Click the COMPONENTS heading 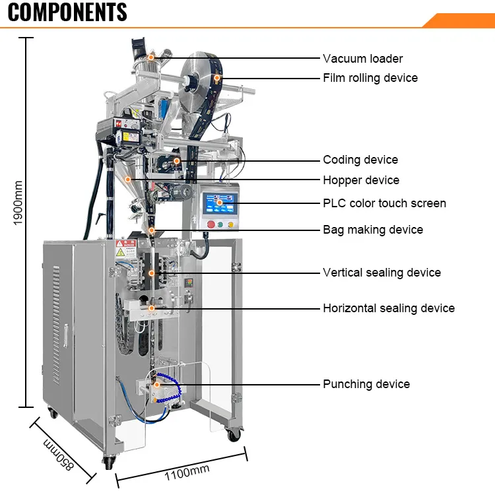pos(67,12)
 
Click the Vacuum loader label pos(362,59)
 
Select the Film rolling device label pos(370,78)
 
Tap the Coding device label pos(360,160)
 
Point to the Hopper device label pos(360,180)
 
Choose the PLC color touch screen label pos(384,203)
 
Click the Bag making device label pos(373,230)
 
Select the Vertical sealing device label pos(381,273)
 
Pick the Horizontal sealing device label pos(388,308)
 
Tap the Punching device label pos(366,384)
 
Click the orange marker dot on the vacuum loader pos(150,58)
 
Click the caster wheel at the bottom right pos(234,434)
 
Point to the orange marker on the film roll pos(217,78)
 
